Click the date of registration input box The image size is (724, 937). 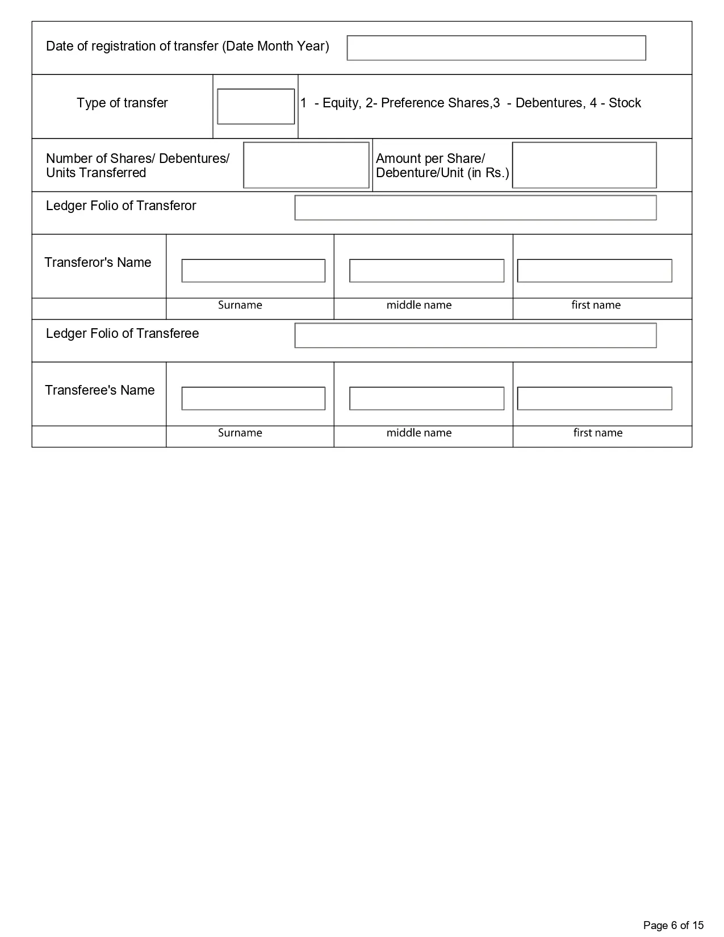(496, 48)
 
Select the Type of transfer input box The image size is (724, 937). (256, 106)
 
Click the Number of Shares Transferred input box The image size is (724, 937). (306, 165)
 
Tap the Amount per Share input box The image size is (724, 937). (584, 165)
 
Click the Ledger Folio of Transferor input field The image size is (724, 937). (475, 208)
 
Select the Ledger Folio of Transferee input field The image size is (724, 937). (475, 336)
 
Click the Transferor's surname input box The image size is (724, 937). (253, 271)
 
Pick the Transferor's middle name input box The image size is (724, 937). (426, 271)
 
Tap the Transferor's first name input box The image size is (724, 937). (595, 271)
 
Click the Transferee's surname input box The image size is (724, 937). (253, 399)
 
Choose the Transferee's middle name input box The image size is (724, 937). (426, 399)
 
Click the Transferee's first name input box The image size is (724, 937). (595, 399)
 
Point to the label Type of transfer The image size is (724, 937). (122, 103)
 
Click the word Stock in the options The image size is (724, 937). (625, 103)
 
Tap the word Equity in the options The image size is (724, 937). (340, 103)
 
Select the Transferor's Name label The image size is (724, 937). (98, 263)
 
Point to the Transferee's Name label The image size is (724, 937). (99, 391)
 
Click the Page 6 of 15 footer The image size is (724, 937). (673, 926)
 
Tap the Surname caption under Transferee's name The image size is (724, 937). (240, 433)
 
